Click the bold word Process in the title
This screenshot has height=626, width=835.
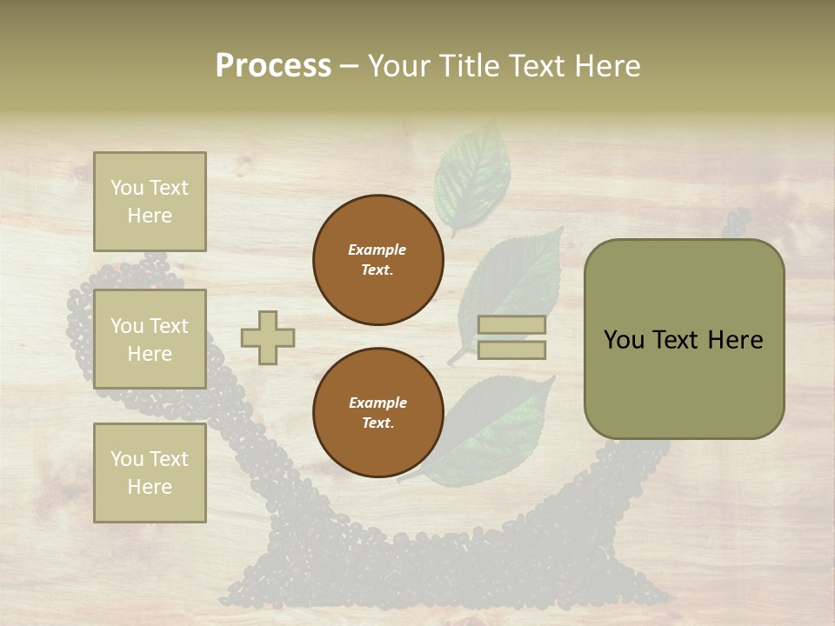[x=273, y=66]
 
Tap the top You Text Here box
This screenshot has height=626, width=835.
[x=150, y=202]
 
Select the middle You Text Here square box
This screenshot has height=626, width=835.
[x=150, y=339]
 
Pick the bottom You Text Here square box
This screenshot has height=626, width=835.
[x=150, y=472]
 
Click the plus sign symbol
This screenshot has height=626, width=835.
[x=268, y=337]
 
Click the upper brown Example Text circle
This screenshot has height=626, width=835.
[x=378, y=260]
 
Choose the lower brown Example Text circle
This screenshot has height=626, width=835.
[x=378, y=413]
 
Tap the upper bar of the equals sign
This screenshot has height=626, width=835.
[x=512, y=325]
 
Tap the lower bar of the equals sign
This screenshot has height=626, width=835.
[x=512, y=350]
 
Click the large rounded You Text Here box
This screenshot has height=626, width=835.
[x=684, y=339]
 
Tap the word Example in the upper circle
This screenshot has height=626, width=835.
[x=377, y=250]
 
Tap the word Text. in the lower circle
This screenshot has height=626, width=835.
[x=377, y=423]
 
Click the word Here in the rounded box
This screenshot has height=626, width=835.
[x=736, y=340]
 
